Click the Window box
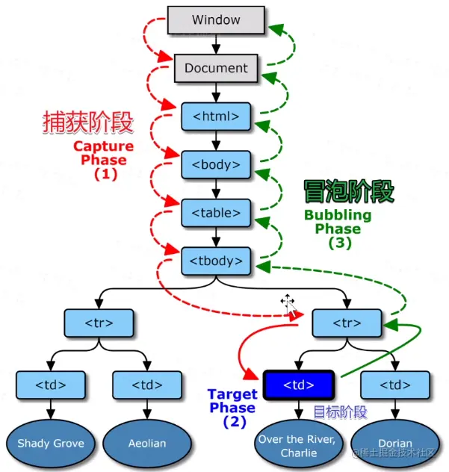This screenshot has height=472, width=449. click(216, 20)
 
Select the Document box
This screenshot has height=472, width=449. click(216, 68)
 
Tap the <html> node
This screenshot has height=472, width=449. click(216, 117)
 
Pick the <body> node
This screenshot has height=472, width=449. click(216, 164)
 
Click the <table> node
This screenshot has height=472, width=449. click(216, 213)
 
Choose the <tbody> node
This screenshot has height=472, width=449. click(216, 261)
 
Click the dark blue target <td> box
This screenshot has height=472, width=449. click(299, 385)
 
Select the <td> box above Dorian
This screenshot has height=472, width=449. click(395, 385)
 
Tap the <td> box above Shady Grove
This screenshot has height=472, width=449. click(51, 385)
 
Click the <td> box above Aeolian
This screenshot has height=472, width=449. click(147, 385)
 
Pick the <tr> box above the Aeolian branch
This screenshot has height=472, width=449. click(99, 323)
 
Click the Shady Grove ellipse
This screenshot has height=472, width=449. click(51, 444)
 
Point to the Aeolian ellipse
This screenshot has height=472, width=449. click(147, 444)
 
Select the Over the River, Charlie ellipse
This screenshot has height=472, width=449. click(299, 446)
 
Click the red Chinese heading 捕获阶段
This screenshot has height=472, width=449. click(88, 122)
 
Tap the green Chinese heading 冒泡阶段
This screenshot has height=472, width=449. click(349, 191)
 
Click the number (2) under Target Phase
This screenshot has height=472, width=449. click(235, 421)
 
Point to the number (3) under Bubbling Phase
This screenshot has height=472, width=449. click(340, 243)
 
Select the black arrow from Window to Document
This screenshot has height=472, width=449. click(216, 44)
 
